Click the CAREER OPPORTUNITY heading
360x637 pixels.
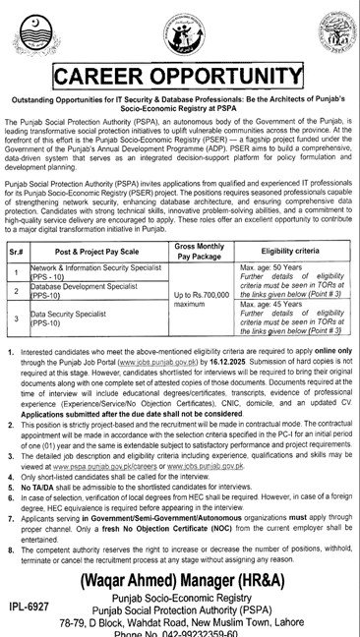coord(180,78)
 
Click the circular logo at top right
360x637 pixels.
coord(329,29)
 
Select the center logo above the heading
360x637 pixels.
coord(179,29)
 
